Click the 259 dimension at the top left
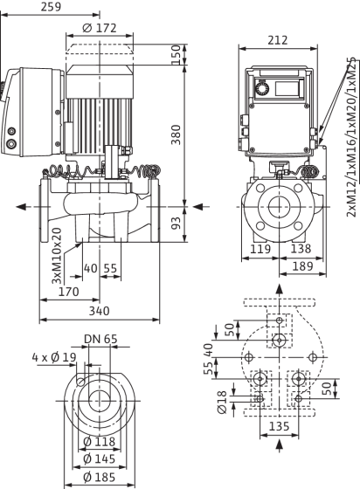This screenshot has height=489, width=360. pyautogui.click(x=51, y=7)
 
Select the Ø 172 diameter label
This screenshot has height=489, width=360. pyautogui.click(x=100, y=28)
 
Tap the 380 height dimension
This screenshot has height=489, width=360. pyautogui.click(x=177, y=134)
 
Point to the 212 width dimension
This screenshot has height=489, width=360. pyautogui.click(x=278, y=40)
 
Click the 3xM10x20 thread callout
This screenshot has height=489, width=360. pyautogui.click(x=57, y=256)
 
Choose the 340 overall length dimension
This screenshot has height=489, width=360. pyautogui.click(x=100, y=311)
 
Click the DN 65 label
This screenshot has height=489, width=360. pyautogui.click(x=100, y=339)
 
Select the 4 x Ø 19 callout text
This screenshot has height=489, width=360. pyautogui.click(x=54, y=357)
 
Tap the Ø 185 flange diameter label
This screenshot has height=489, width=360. pyautogui.click(x=100, y=477)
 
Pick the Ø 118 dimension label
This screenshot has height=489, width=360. pyautogui.click(x=100, y=442)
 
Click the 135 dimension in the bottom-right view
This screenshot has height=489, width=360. pyautogui.click(x=280, y=426)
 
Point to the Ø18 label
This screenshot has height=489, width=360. pyautogui.click(x=221, y=403)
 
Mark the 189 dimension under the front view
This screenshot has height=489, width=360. pyautogui.click(x=302, y=266)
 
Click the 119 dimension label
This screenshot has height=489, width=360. pyautogui.click(x=260, y=249)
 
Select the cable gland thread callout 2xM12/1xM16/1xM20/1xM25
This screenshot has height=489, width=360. pyautogui.click(x=351, y=137)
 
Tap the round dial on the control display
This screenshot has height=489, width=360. pyautogui.click(x=260, y=89)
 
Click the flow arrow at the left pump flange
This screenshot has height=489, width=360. pyautogui.click(x=21, y=207)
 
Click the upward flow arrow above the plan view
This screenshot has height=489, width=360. pyautogui.click(x=280, y=289)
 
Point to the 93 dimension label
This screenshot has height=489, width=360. pyautogui.click(x=177, y=223)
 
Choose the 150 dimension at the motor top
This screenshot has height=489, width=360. pyautogui.click(x=177, y=54)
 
